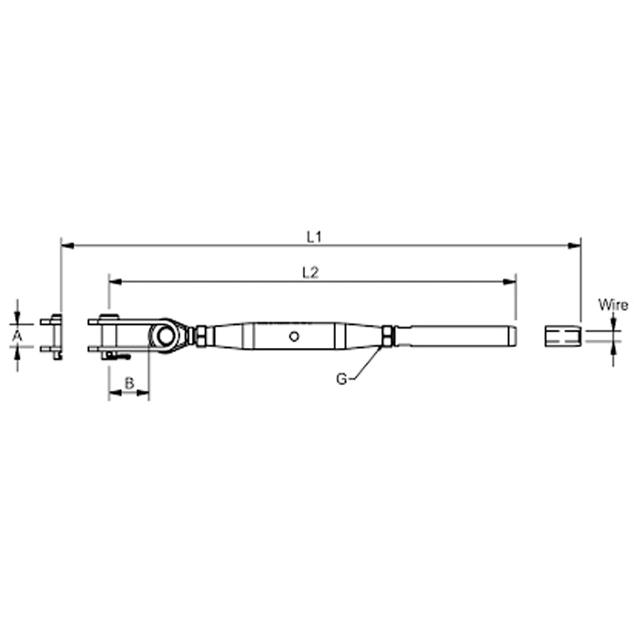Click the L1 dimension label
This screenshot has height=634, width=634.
[314, 235]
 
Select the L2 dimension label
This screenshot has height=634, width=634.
[311, 272]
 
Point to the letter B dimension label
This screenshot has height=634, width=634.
[130, 384]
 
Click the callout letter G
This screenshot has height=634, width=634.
[341, 380]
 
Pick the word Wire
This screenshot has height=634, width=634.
[613, 304]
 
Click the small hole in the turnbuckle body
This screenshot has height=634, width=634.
[295, 336]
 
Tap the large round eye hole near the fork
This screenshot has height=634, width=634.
[166, 335]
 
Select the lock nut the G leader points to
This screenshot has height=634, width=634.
[388, 336]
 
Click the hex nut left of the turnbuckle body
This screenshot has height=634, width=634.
[201, 336]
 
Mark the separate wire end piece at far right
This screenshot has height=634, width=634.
[563, 336]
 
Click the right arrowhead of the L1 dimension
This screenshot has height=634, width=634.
[575, 246]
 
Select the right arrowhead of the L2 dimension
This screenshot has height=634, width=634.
[510, 281]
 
